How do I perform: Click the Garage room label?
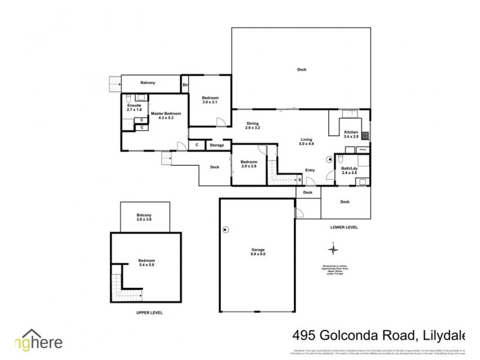coord(258,252)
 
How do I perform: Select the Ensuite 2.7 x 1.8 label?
coord(134,108)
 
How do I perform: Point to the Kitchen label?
coord(351,134)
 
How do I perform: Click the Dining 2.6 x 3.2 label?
coord(253,126)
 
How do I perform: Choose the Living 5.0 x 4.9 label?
coord(307,142)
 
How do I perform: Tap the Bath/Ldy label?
coord(349,172)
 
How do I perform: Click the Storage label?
coord(217,145)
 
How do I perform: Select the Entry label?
coord(310,170)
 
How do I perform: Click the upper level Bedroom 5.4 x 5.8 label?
coord(146,263)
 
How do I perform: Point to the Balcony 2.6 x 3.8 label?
coord(144,218)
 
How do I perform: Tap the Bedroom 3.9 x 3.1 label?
coord(210,101)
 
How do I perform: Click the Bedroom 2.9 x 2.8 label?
coord(248,164)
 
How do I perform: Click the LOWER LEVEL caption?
coord(344,227)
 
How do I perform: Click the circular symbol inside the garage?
coord(226,229)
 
